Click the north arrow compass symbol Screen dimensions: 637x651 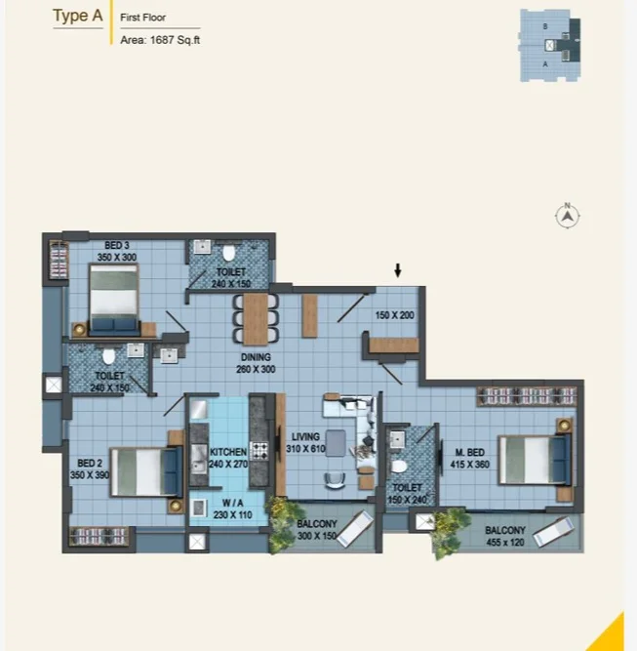(x=568, y=216)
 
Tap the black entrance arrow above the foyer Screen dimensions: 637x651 (x=398, y=270)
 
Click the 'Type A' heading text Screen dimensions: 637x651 (x=78, y=16)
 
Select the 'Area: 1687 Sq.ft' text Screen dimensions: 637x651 (x=160, y=40)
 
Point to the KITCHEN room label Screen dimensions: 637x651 (x=228, y=452)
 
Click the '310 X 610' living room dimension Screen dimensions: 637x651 (x=305, y=448)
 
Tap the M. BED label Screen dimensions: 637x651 (x=470, y=452)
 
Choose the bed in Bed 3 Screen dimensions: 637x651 (x=114, y=300)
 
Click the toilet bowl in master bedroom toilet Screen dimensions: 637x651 (x=399, y=467)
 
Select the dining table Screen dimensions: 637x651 (x=256, y=319)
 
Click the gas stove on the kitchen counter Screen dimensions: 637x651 (x=259, y=451)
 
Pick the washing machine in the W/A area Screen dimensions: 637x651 (x=199, y=508)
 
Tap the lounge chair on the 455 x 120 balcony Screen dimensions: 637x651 (x=554, y=532)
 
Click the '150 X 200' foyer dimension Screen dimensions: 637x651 (x=395, y=315)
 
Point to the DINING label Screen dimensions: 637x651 (x=256, y=357)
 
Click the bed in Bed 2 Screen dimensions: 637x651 (x=146, y=471)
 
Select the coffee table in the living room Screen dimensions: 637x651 (x=336, y=443)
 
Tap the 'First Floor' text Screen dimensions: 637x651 (x=142, y=18)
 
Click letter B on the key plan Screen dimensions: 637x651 (x=545, y=26)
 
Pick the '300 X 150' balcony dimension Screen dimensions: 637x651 (x=317, y=536)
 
